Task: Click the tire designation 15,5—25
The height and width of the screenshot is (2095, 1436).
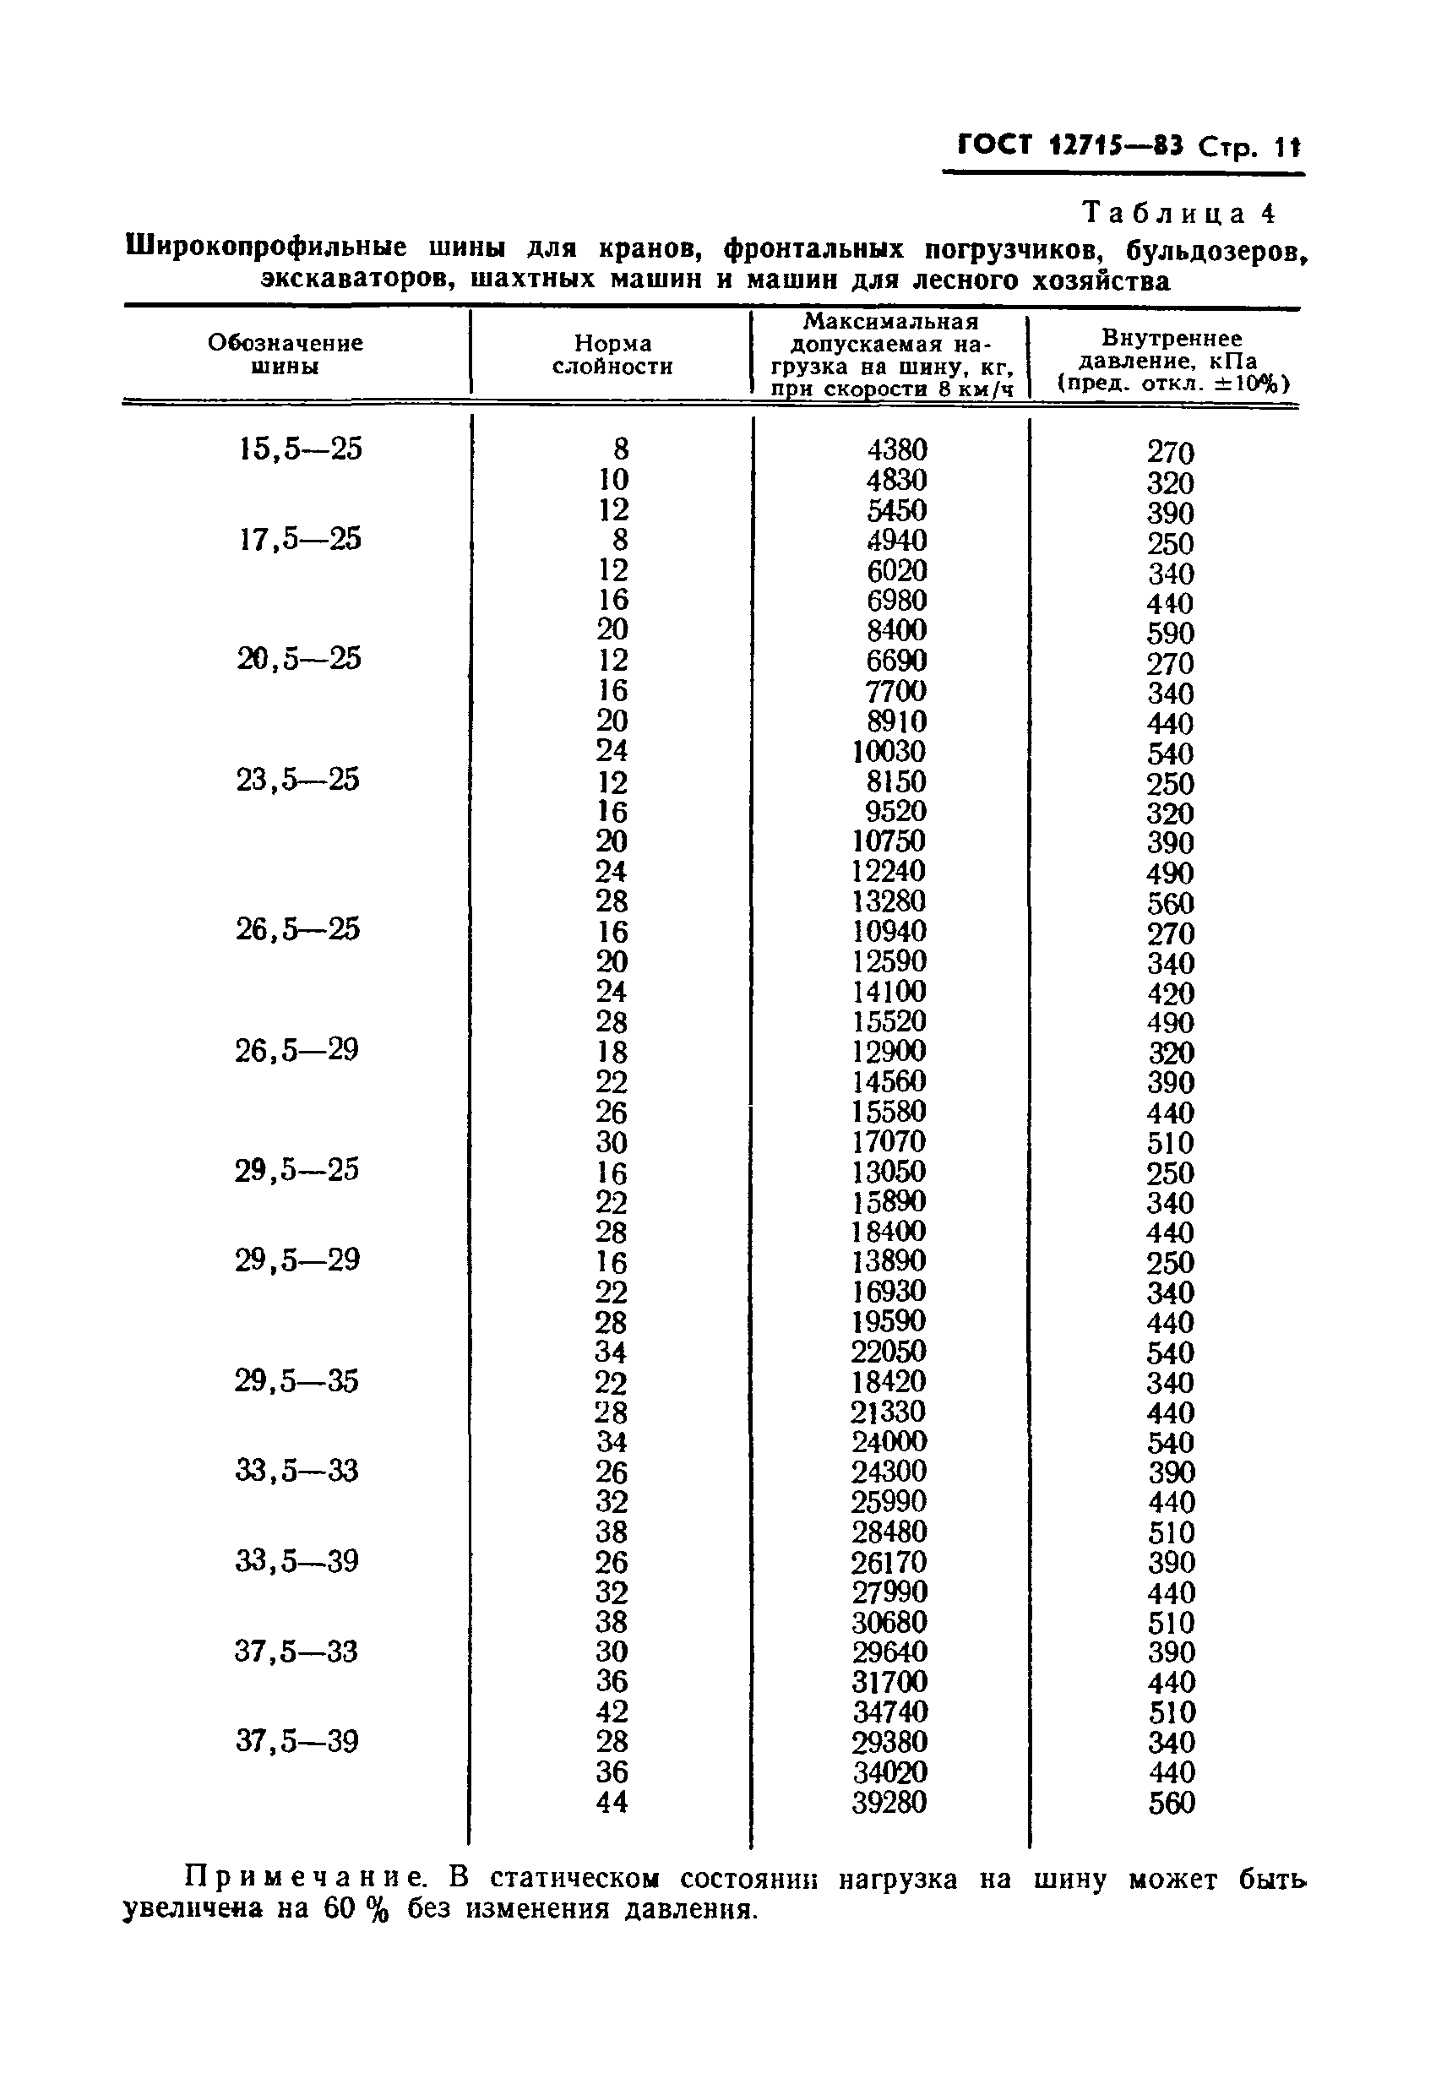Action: point(300,449)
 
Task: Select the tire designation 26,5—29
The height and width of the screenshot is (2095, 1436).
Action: point(296,1050)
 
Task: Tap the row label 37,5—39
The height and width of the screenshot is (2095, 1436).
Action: point(296,1742)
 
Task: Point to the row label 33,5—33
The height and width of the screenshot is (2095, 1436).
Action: point(296,1472)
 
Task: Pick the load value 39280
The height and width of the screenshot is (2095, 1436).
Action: point(889,1802)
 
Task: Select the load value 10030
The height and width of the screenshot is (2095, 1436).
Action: point(889,751)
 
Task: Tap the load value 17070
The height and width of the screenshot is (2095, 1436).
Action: point(889,1141)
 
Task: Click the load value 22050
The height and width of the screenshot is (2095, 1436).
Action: point(889,1352)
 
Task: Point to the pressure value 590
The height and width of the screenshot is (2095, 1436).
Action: point(1170,633)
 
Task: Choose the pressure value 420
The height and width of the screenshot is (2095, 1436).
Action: point(1170,993)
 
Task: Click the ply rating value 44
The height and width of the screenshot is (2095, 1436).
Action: point(612,1802)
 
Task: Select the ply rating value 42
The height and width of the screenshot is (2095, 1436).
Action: point(612,1711)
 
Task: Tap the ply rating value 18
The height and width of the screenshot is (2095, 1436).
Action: point(612,1052)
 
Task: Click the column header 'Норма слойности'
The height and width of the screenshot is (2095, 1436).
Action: point(612,355)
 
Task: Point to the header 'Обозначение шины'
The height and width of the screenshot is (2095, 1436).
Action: point(285,354)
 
